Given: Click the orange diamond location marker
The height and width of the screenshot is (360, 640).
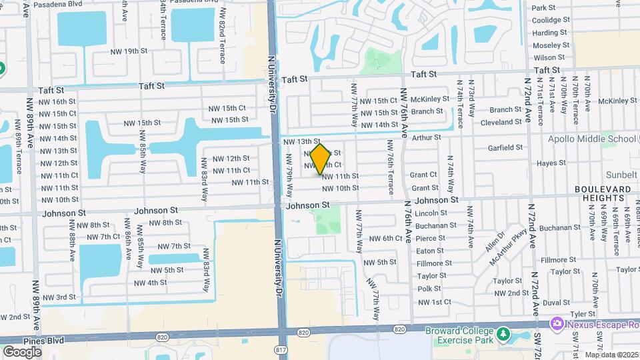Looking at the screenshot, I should tap(320, 159).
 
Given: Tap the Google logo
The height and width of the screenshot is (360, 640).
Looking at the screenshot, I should tap(22, 351).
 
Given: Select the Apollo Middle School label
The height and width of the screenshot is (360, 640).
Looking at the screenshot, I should tap(591, 139).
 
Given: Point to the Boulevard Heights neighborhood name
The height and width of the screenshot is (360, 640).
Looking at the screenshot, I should tap(603, 194).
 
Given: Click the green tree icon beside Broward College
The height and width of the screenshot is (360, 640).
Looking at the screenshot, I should tap(505, 333).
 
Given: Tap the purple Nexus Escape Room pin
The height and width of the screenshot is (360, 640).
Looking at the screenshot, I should tap(556, 323).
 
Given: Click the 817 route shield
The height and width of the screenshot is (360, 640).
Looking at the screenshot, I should tap(281, 349).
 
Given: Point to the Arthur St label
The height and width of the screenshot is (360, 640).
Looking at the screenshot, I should tap(427, 137).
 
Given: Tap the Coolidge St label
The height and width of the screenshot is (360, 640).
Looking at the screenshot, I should tap(550, 20).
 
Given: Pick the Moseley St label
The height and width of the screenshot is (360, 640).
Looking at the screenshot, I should tap(550, 45).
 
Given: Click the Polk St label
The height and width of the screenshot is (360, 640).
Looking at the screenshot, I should tap(429, 289).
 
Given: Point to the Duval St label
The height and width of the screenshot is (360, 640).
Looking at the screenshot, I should tap(555, 302).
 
